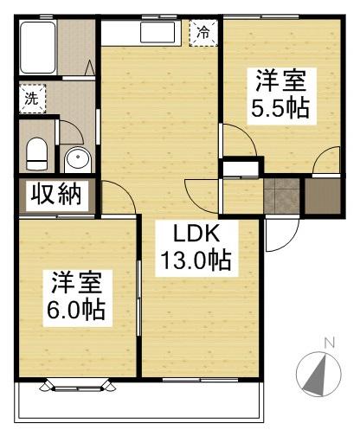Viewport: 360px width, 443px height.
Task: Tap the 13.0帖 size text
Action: pos(194,260)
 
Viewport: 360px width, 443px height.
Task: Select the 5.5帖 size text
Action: pos(280,110)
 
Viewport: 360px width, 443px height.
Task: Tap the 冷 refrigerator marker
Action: pos(203,33)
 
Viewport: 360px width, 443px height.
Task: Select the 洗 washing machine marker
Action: pos(31,98)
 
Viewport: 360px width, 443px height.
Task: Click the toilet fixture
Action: pos(36,154)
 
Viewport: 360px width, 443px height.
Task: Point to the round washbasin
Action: pos(77,160)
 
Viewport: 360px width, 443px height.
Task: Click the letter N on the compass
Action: pos(328,343)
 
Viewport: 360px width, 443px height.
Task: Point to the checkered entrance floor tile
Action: pos(283,196)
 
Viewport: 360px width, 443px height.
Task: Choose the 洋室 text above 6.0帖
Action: pos(77,282)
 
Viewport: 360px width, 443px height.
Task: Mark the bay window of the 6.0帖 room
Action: pos(76,384)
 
